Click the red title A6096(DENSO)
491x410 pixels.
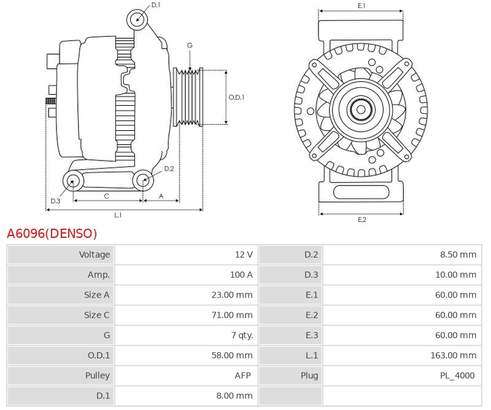pyautogui.click(x=52, y=234)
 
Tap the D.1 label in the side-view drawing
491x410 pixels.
pyautogui.click(x=156, y=5)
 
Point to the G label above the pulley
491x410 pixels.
pyautogui.click(x=190, y=45)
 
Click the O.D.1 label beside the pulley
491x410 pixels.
pyautogui.click(x=236, y=97)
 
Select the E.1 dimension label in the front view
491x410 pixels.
pyautogui.click(x=361, y=6)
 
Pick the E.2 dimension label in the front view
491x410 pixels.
pyautogui.click(x=361, y=219)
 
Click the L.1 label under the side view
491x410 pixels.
pyautogui.click(x=118, y=215)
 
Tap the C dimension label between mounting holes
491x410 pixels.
pyautogui.click(x=107, y=196)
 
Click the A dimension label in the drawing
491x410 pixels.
pyautogui.click(x=161, y=196)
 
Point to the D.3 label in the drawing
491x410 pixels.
pyautogui.click(x=55, y=201)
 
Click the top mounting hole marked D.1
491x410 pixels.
pyautogui.click(x=137, y=19)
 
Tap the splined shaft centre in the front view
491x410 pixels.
pyautogui.click(x=361, y=111)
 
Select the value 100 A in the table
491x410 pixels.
pyautogui.click(x=241, y=275)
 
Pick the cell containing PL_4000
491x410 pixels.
pyautogui.click(x=457, y=376)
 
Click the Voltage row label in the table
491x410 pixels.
pyautogui.click(x=95, y=254)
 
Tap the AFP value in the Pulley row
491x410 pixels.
pyautogui.click(x=244, y=376)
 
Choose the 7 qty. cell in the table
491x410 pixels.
pyautogui.click(x=241, y=335)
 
